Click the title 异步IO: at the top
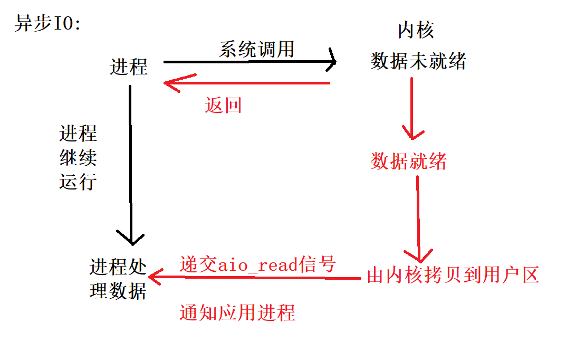47,24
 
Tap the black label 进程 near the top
128,67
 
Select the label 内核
416,30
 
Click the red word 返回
223,106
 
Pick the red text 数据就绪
408,161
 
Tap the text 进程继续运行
78,158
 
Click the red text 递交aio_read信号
257,264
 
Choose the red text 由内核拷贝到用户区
453,276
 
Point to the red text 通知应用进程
237,312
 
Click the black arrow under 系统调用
248,62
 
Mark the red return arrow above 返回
248,83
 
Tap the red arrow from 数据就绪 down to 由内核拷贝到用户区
418,216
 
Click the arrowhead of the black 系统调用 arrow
332,62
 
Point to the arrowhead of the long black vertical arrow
131,238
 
